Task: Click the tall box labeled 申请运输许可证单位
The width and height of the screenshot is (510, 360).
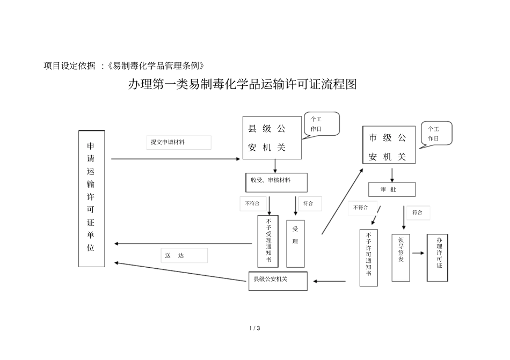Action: click(x=91, y=199)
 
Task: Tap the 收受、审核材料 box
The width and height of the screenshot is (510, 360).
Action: click(x=276, y=182)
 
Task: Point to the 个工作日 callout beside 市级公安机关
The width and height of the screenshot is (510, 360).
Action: click(x=436, y=134)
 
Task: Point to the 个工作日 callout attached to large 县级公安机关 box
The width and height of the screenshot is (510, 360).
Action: click(x=321, y=124)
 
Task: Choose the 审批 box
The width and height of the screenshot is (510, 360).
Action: click(x=391, y=189)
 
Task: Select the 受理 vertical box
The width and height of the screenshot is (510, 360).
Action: click(x=295, y=243)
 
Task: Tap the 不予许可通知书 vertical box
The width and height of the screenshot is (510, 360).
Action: click(x=369, y=257)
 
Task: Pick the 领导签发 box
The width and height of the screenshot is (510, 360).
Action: click(x=400, y=258)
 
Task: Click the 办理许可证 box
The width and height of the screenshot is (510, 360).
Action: click(x=438, y=258)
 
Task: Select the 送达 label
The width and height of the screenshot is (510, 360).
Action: click(x=184, y=255)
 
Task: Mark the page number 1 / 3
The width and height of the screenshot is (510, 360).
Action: click(x=254, y=328)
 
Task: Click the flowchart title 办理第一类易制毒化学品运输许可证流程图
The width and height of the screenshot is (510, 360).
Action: click(x=242, y=85)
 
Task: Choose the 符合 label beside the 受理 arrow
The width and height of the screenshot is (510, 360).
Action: click(x=309, y=203)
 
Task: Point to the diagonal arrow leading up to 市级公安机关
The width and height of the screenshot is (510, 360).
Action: click(x=343, y=201)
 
